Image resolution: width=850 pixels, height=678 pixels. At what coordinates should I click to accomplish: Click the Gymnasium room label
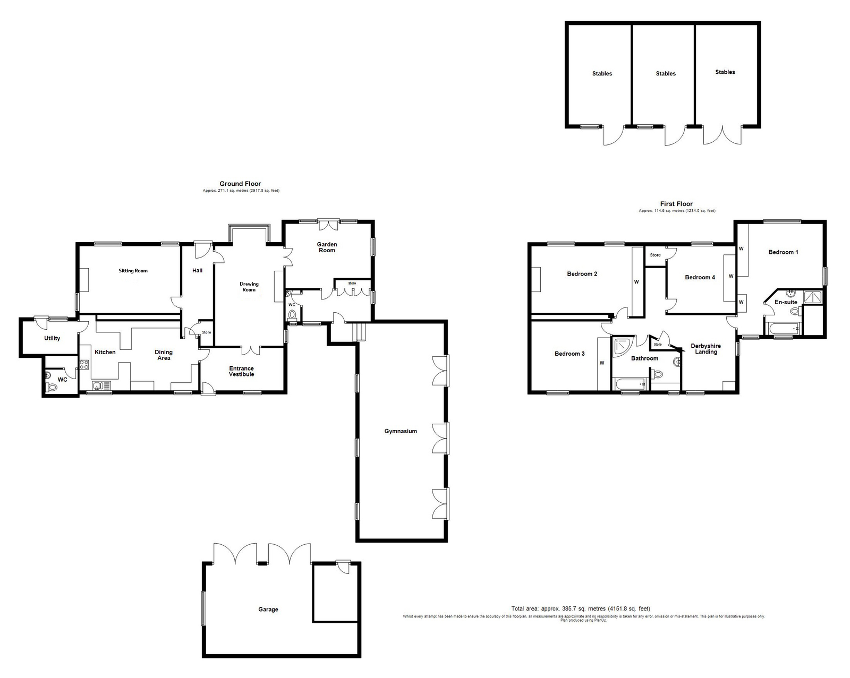point(401,432)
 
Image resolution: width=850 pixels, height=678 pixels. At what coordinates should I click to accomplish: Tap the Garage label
point(268,610)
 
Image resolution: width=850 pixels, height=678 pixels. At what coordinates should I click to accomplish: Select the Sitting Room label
point(133,271)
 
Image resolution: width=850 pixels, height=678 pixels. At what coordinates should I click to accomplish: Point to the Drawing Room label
point(249,287)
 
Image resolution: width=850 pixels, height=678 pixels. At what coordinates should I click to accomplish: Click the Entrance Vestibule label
point(241,371)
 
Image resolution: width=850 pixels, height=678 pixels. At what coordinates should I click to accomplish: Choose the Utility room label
point(52,338)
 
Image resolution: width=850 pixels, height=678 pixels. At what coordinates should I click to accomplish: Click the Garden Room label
point(327,247)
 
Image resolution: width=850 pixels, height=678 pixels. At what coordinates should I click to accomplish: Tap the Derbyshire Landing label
point(705,349)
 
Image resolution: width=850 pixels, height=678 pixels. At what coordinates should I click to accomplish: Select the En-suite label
point(786,302)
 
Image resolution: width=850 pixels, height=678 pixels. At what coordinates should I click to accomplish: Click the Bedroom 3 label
point(569,354)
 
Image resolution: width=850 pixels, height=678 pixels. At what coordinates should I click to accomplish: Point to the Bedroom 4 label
point(700,277)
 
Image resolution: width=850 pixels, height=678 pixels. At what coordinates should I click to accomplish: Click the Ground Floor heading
point(240,184)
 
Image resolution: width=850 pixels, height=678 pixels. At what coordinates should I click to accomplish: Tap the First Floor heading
point(676,204)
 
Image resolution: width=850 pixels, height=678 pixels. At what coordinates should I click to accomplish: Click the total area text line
point(581,608)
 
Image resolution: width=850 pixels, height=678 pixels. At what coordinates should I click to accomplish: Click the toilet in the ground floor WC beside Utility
point(52,388)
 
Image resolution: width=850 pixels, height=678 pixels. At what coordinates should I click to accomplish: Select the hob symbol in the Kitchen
point(84,365)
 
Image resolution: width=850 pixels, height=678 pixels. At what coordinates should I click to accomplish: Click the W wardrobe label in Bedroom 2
point(636,282)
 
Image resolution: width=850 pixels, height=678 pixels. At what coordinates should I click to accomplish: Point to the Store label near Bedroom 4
point(655,255)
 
